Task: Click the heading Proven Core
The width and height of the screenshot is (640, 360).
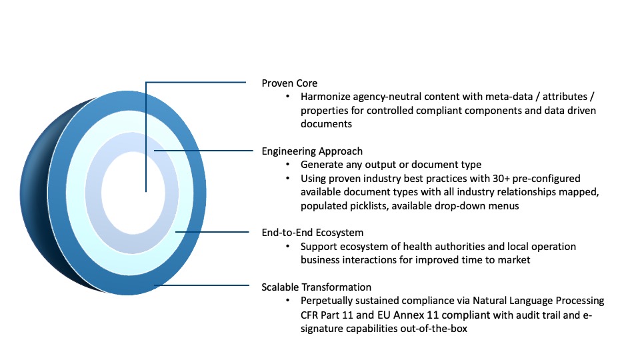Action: pos(289,83)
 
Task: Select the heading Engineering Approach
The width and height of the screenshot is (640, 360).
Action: pos(312,151)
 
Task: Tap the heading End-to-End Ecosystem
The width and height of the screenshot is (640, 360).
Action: pos(312,233)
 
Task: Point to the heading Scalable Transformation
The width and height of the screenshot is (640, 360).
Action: pos(316,287)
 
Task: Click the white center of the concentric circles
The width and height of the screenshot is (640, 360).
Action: pos(133,193)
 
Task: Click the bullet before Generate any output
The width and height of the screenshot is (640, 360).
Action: pos(288,165)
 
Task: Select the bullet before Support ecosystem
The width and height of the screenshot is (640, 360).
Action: pos(288,247)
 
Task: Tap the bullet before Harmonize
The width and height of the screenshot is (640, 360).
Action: pos(288,97)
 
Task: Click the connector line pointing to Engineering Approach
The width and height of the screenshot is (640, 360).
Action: pos(204,151)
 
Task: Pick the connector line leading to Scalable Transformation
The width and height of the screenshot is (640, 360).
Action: pos(201,285)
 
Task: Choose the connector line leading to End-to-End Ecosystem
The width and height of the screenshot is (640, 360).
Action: pos(212,232)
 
